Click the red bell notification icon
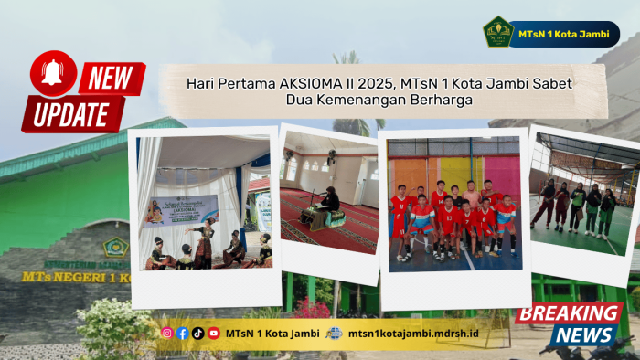(53, 73)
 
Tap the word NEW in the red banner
(112, 79)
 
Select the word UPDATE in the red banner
(73, 114)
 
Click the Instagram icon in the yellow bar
(166, 334)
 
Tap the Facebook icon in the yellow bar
(182, 334)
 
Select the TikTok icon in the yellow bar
(197, 334)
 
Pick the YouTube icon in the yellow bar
(213, 334)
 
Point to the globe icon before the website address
(335, 334)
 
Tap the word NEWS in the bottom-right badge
(582, 335)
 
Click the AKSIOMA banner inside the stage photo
(181, 210)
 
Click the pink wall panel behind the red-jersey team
(501, 174)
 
